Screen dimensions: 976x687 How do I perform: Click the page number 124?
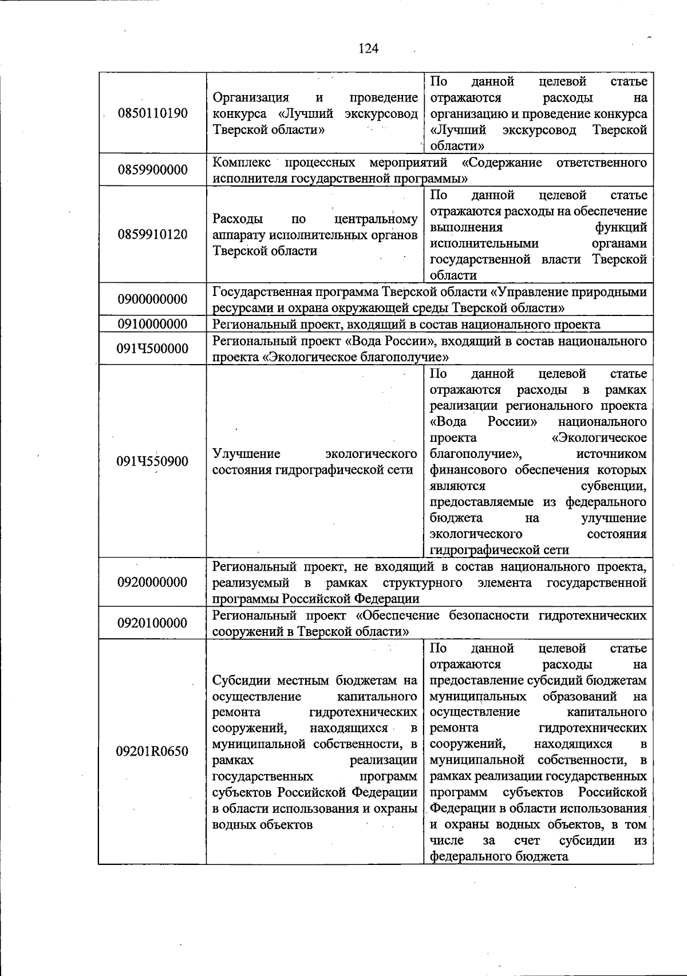click(x=368, y=49)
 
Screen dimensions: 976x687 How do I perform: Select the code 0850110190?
click(x=152, y=113)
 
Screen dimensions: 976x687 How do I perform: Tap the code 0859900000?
click(x=152, y=170)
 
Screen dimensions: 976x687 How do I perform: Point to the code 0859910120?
click(x=152, y=235)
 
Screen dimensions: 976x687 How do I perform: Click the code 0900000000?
click(x=152, y=299)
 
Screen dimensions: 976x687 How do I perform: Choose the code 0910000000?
click(x=152, y=324)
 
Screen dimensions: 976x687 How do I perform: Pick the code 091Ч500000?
click(x=152, y=349)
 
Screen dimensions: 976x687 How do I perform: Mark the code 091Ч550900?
click(x=152, y=461)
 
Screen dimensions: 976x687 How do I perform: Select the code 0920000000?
click(x=152, y=582)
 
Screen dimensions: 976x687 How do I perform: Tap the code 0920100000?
click(x=152, y=623)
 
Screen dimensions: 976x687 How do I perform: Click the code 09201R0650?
click(x=152, y=751)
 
